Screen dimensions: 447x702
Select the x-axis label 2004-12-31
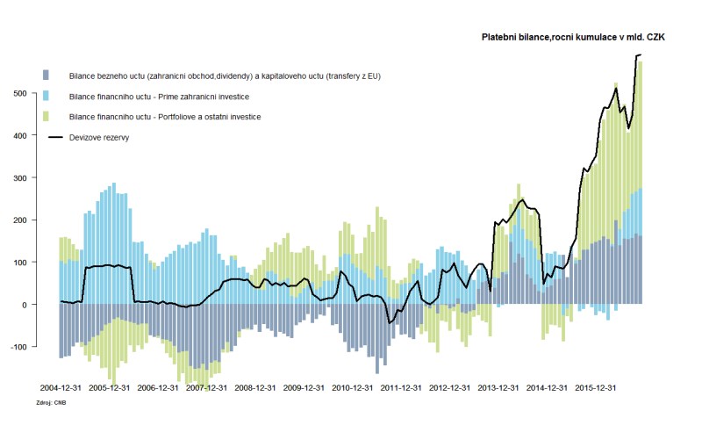coord(61,387)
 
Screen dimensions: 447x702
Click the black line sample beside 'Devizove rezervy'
coord(57,137)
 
